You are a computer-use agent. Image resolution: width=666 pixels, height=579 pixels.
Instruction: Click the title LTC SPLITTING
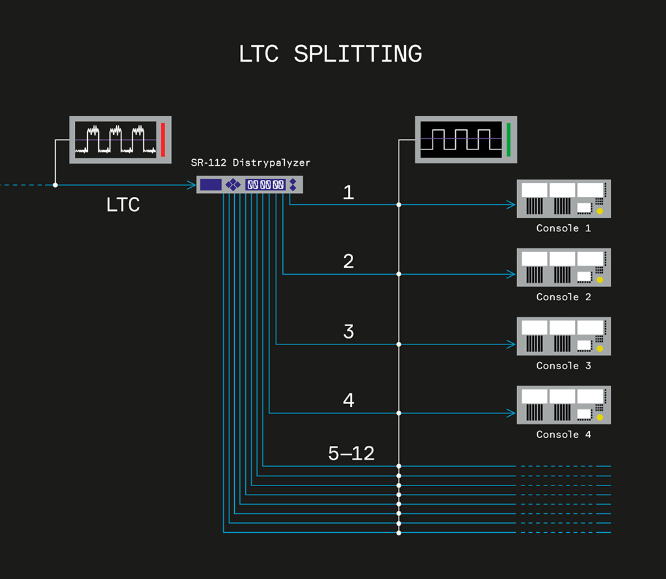point(330,54)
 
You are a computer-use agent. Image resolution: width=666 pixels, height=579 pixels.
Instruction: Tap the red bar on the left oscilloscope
point(163,139)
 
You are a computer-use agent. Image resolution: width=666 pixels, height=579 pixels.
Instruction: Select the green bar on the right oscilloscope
point(509,139)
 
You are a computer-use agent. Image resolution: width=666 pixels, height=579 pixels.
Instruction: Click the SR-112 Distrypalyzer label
point(250,162)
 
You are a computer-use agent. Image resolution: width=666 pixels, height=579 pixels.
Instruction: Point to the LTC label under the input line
point(123,205)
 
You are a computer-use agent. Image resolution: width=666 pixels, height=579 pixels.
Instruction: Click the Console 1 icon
point(563,199)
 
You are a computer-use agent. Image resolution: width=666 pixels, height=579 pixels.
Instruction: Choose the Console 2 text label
point(563,297)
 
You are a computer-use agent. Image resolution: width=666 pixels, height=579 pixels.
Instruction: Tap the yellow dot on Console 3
point(600,349)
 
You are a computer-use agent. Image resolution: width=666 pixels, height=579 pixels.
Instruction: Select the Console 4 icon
point(563,405)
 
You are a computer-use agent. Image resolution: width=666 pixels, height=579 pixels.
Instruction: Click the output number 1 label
point(349,192)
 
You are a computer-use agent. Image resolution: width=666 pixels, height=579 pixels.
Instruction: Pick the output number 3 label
point(349,331)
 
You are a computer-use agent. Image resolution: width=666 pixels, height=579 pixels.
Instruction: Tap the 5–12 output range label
point(351,454)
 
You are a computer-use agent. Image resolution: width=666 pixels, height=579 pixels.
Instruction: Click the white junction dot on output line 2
point(399,274)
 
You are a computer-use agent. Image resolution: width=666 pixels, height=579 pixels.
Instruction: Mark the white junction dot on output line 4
point(399,413)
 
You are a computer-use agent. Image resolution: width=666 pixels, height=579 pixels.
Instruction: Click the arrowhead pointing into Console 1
point(511,205)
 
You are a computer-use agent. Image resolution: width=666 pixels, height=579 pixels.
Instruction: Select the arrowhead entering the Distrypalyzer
point(192,185)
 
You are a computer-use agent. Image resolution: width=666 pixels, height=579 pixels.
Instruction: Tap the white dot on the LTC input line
point(55,185)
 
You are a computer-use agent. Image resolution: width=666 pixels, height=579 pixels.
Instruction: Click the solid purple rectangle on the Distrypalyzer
point(211,185)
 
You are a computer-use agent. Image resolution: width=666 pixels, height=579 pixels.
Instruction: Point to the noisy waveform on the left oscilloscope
point(115,139)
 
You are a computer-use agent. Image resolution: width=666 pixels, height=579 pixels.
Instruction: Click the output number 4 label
point(349,401)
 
